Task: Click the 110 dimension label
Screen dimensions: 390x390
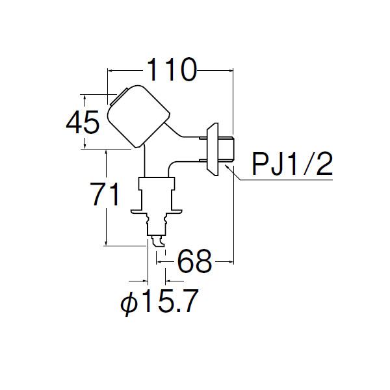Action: pos(172,70)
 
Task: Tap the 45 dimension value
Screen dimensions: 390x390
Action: pos(83,122)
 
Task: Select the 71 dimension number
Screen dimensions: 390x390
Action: pos(105,194)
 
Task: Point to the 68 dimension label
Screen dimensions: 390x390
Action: pos(195,261)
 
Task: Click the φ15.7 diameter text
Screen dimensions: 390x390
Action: pos(159,301)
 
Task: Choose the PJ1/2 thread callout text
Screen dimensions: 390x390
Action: pos(292,164)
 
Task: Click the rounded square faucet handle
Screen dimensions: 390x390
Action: pos(138,116)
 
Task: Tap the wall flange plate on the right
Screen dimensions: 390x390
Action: pos(213,149)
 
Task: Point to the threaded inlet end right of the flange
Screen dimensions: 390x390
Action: pos(226,149)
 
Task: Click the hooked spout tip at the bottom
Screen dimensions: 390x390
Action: pos(158,241)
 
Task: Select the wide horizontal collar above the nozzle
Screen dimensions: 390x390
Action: pos(157,212)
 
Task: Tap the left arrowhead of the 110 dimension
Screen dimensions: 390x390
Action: pos(110,71)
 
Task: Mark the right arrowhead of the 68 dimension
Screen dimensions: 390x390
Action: pos(231,261)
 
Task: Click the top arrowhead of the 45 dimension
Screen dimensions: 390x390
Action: pos(85,97)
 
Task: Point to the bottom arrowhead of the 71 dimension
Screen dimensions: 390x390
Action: pos(106,242)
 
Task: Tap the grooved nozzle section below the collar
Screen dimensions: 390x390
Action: pos(157,224)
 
